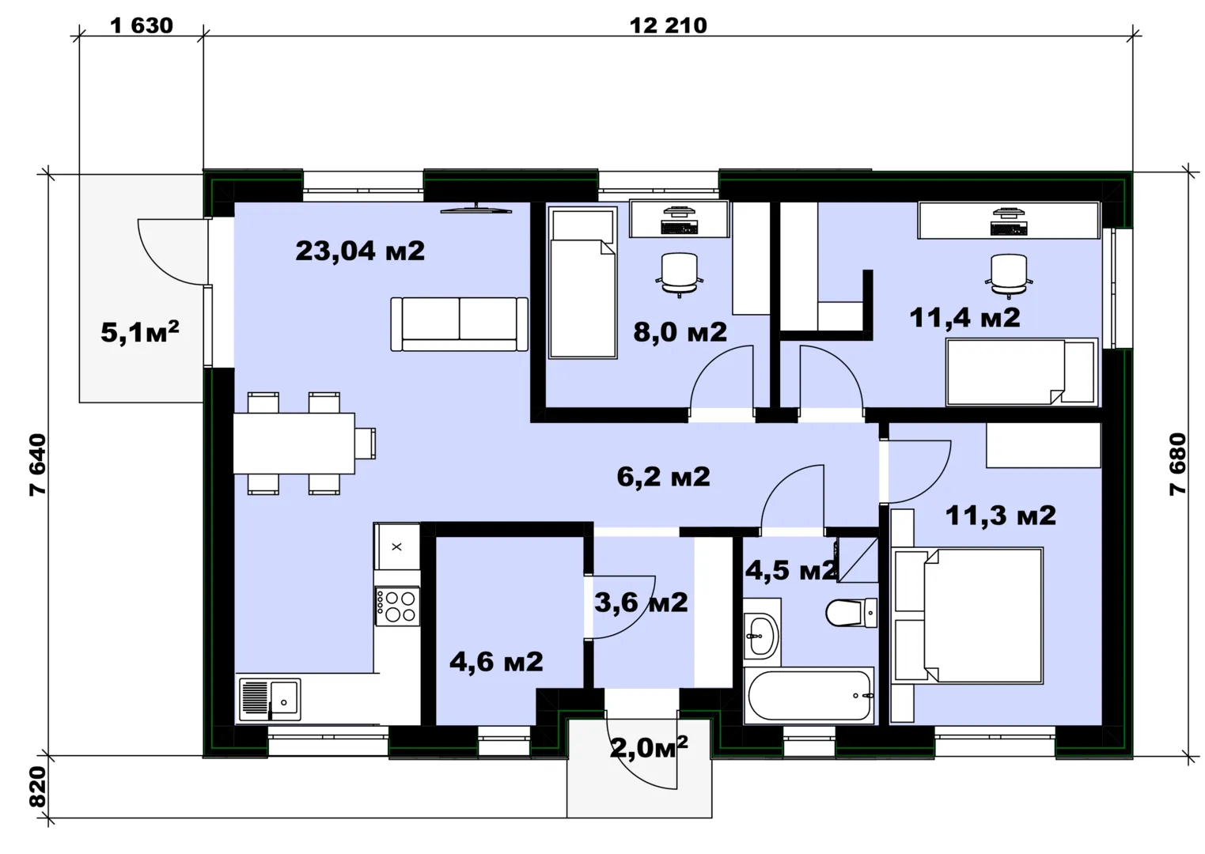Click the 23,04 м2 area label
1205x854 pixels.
pyautogui.click(x=360, y=251)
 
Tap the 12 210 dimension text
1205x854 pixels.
pyautogui.click(x=668, y=25)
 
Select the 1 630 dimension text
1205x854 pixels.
pyautogui.click(x=142, y=25)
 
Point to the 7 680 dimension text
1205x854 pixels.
pyautogui.click(x=1177, y=464)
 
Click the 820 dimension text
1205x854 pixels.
pyautogui.click(x=38, y=787)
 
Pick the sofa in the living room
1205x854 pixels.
pyautogui.click(x=459, y=324)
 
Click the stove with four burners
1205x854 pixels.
pyautogui.click(x=397, y=606)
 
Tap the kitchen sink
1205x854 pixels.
pyautogui.click(x=270, y=699)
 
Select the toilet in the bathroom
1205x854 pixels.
pyautogui.click(x=851, y=613)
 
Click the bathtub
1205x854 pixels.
pyautogui.click(x=809, y=695)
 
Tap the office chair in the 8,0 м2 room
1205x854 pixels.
pyautogui.click(x=680, y=275)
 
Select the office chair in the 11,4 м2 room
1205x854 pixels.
pyautogui.click(x=1009, y=276)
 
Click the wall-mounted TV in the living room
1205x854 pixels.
pyautogui.click(x=476, y=210)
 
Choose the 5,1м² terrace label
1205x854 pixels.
pyautogui.click(x=140, y=332)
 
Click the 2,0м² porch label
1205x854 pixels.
pyautogui.click(x=649, y=747)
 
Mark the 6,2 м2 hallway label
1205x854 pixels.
pyautogui.click(x=663, y=477)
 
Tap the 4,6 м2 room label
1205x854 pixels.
pyautogui.click(x=496, y=662)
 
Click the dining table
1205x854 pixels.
pyautogui.click(x=294, y=443)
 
